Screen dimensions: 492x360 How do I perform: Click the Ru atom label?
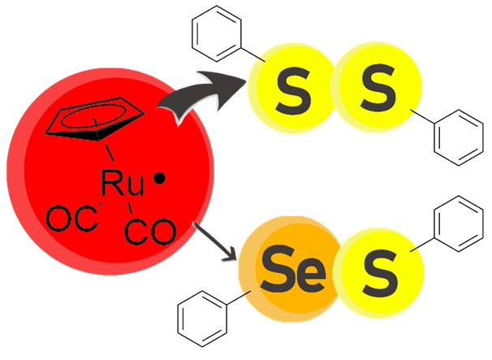pos(123,183)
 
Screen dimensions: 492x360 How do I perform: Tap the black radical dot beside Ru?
pos(159,179)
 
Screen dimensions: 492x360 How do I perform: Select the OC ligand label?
pos(71,219)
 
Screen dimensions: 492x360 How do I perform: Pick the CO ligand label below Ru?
pos(150,232)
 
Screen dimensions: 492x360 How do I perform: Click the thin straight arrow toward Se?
pos(214,241)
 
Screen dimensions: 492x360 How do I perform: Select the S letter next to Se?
pos(380,272)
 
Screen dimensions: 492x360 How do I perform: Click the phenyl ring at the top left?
pos(217,33)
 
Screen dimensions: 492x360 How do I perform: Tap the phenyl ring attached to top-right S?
pos(459,137)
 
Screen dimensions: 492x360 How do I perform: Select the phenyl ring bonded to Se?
pos(202,319)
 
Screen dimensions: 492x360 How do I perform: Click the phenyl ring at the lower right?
pos(459,223)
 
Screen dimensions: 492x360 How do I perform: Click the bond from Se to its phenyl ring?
pos(239,297)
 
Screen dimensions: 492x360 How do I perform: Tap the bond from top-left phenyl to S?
pos(253,54)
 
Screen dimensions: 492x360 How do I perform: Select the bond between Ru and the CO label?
pos(130,207)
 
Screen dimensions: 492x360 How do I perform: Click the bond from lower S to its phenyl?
pos(422,245)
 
